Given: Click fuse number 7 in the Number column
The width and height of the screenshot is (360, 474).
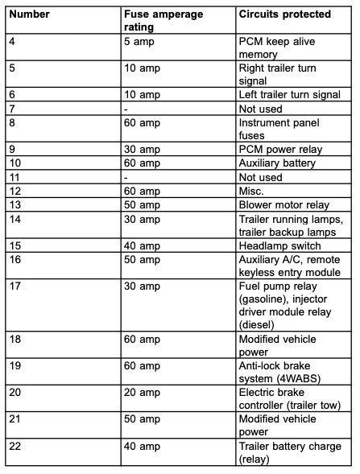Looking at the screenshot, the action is (x=12, y=108).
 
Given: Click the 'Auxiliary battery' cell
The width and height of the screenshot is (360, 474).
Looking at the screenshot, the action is (x=278, y=163).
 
